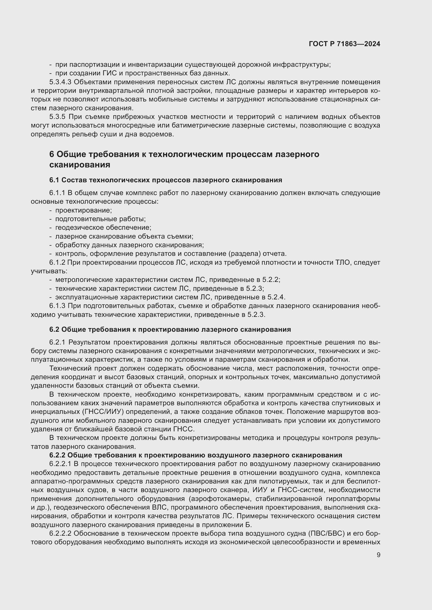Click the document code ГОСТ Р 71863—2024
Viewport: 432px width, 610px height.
tap(345, 44)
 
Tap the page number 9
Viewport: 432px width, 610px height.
tap(378, 555)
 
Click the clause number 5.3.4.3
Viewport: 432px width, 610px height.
tap(60, 82)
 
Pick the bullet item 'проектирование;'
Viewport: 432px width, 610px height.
tap(84, 210)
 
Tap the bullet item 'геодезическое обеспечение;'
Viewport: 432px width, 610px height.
tap(103, 228)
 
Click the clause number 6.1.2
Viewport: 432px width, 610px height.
tap(57, 263)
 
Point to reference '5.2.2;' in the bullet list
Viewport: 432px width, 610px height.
tap(271, 280)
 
